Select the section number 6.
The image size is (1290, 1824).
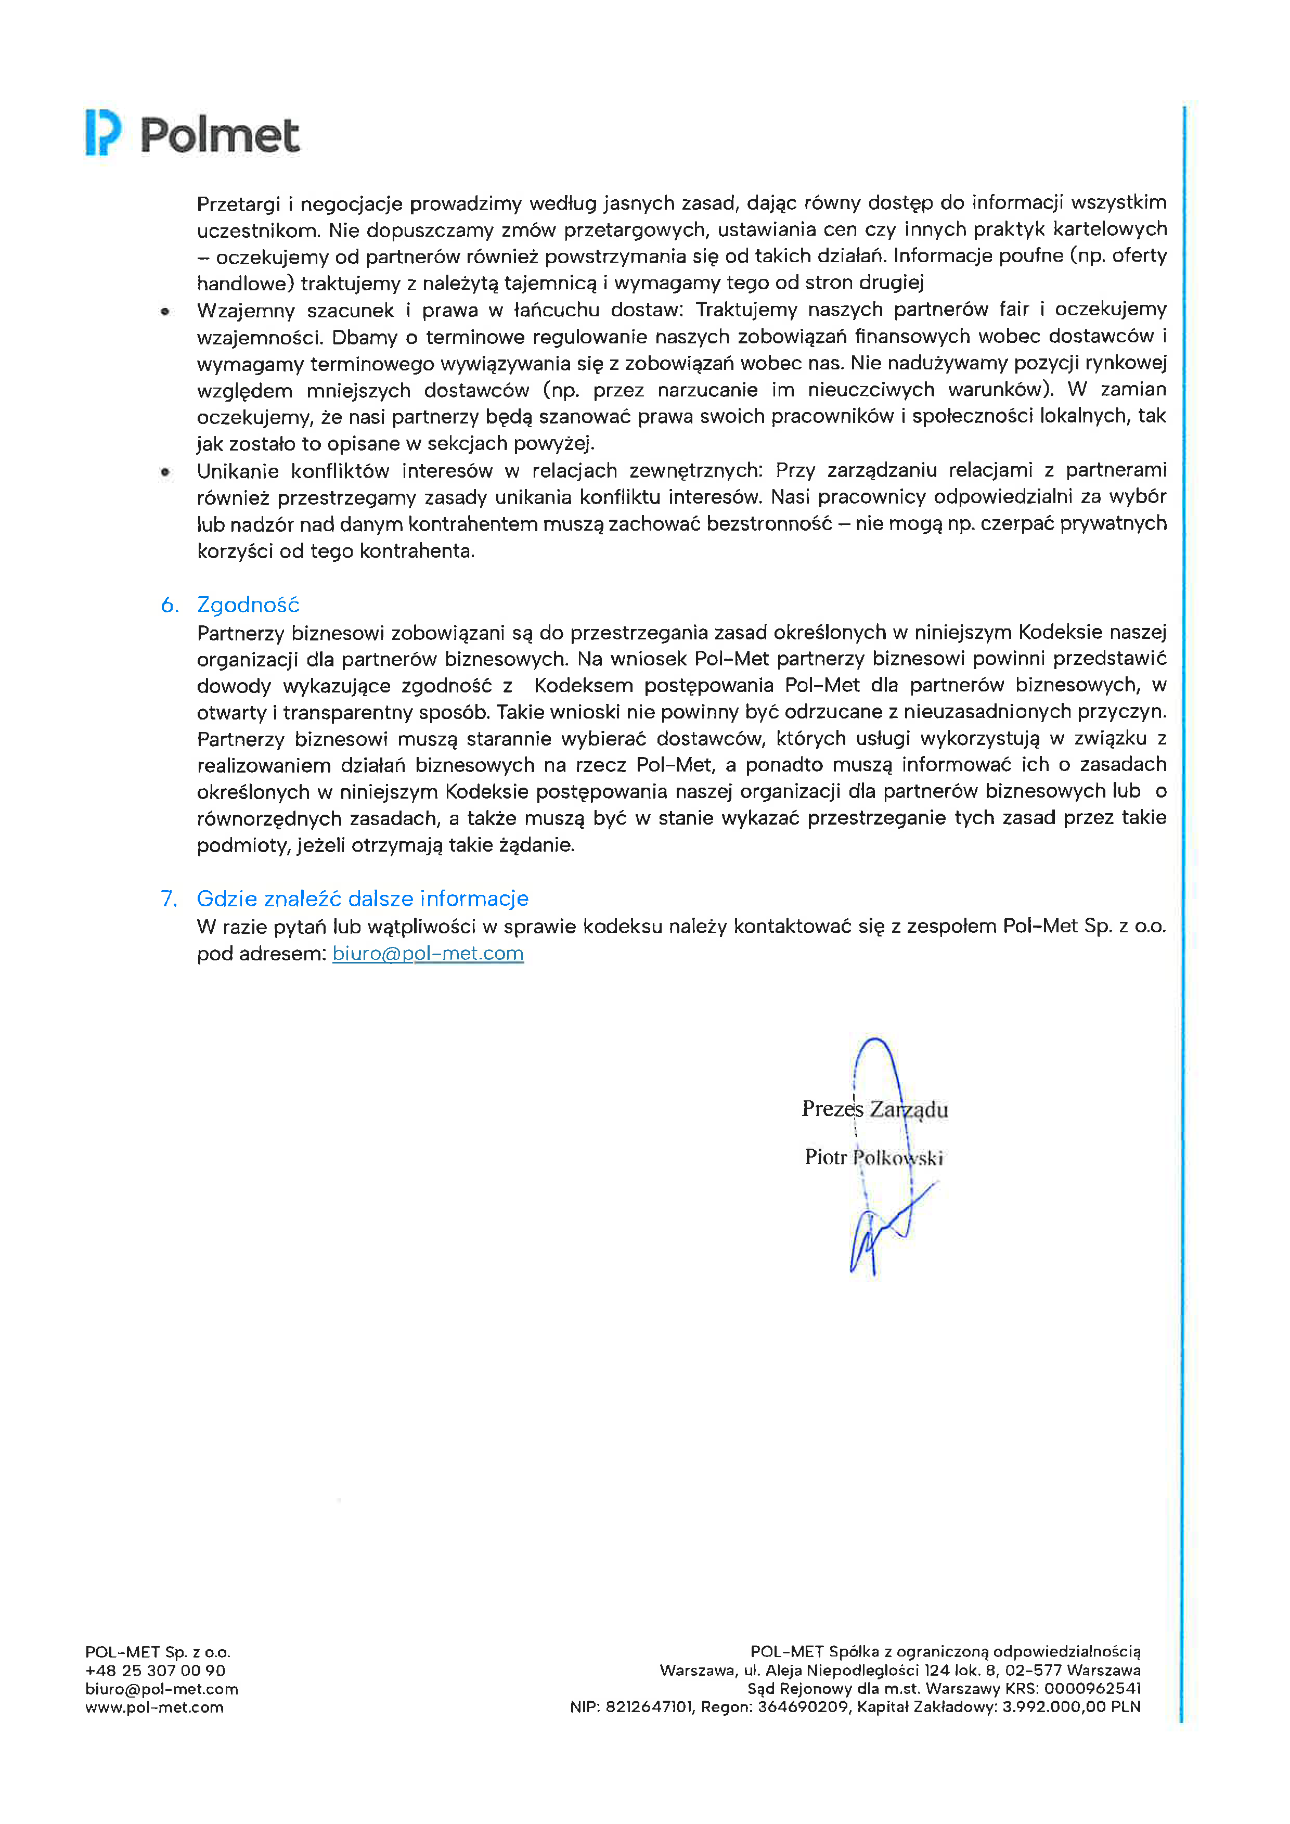pos(169,606)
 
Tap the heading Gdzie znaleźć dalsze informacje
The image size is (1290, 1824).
pos(362,898)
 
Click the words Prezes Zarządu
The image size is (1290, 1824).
pos(874,1109)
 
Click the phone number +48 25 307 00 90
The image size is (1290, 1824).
pos(156,1671)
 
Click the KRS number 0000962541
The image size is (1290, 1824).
pos(1092,1689)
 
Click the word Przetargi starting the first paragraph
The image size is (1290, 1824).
pos(238,204)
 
